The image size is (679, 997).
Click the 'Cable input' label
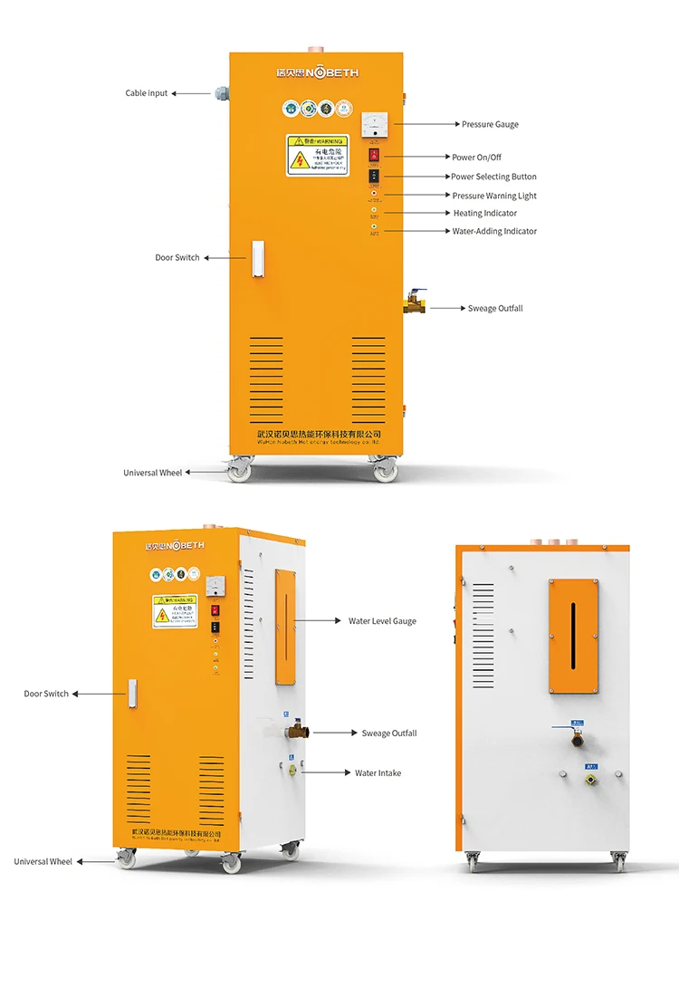coord(147,93)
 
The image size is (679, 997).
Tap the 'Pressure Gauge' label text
coord(490,124)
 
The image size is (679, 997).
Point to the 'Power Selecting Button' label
coord(493,177)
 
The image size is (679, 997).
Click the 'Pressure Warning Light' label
coord(494,196)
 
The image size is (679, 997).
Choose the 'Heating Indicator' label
coord(485,214)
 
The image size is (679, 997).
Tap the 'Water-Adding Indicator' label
coord(494,231)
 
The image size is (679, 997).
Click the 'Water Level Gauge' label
coord(382,621)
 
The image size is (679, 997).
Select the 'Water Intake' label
coord(378,773)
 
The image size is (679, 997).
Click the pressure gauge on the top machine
coord(374,126)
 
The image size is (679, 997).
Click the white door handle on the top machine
coord(257,258)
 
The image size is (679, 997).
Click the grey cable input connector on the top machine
coord(221,92)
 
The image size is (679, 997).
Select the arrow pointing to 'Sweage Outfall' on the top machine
coord(447,308)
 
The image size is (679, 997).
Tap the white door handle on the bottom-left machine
coord(132,695)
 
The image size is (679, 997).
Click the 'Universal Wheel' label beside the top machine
coord(152,473)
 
